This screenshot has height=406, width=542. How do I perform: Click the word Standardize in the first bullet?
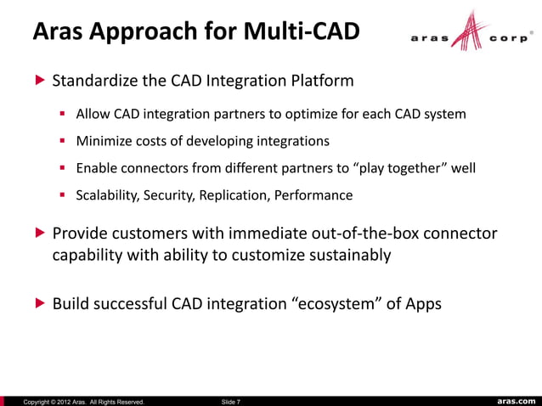click(x=95, y=82)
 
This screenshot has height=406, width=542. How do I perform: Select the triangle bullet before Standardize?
click(x=37, y=82)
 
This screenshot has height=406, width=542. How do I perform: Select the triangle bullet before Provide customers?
click(x=37, y=234)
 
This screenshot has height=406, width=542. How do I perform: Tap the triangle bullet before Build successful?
click(x=37, y=303)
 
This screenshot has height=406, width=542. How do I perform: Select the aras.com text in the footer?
click(x=515, y=400)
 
